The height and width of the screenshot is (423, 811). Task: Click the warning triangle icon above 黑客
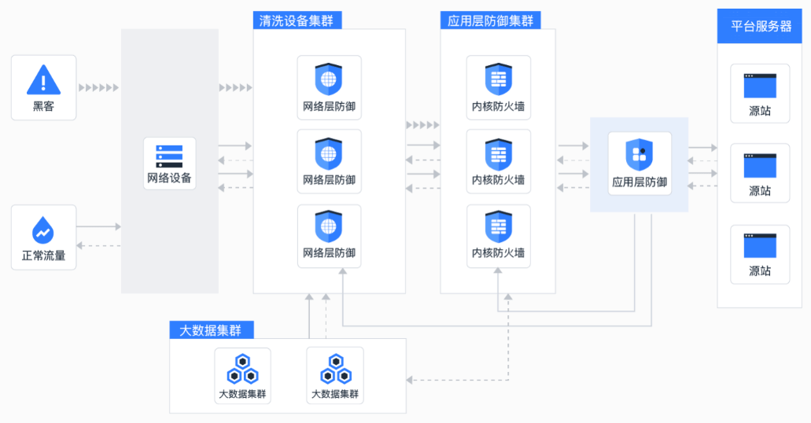point(43,79)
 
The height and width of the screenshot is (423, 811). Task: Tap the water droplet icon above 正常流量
point(43,230)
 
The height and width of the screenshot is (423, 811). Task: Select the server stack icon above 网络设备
point(169,156)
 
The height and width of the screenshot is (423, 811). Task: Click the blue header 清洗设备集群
point(297,20)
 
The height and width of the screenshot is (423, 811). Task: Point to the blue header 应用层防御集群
point(490,20)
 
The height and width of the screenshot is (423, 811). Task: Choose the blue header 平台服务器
point(759,26)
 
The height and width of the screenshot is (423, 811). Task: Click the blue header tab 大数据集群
point(211,330)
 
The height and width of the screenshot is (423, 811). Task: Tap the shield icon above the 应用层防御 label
point(640,154)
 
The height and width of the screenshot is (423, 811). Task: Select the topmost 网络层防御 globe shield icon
point(329,79)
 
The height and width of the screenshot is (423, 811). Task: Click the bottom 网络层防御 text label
point(329,253)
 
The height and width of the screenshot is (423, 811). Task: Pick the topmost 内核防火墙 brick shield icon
point(498,79)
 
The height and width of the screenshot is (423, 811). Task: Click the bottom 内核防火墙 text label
point(498,253)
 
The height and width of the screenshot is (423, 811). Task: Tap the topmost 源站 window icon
point(760,86)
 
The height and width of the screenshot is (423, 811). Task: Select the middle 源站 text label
point(760,191)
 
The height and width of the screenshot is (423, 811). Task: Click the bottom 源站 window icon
point(760,245)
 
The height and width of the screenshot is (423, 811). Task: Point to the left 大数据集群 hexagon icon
point(242,369)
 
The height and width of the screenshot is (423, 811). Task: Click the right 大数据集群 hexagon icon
point(335,369)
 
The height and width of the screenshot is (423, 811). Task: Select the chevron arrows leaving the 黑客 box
point(99,87)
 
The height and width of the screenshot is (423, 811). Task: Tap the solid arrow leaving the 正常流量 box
point(99,226)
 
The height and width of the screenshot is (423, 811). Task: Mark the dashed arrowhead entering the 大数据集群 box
point(409,380)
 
